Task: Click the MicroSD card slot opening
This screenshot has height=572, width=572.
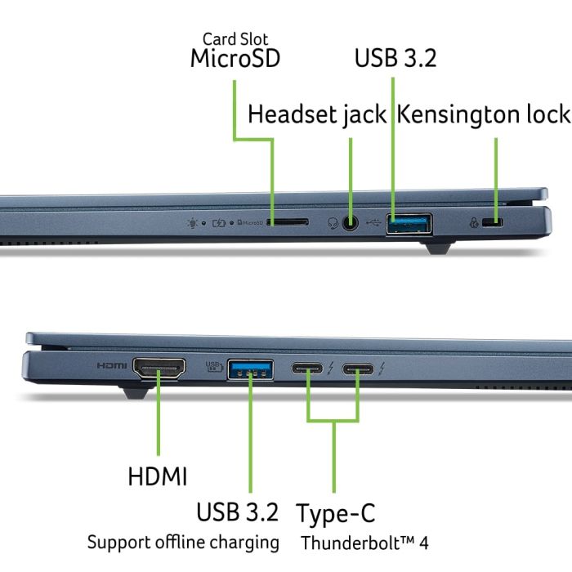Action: (288, 221)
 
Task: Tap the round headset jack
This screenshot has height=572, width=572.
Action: (351, 221)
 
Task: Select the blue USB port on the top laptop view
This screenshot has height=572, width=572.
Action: (409, 222)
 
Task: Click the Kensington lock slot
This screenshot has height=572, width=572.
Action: (492, 222)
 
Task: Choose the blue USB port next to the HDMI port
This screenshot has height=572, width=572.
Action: (249, 369)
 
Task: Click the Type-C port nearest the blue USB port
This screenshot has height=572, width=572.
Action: (309, 369)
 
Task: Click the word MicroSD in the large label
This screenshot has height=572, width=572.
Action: (235, 59)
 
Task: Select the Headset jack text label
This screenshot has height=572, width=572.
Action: (317, 114)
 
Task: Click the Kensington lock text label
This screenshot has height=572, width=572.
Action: (483, 114)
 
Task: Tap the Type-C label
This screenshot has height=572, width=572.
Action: (336, 513)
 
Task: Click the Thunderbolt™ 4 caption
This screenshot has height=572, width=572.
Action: (364, 543)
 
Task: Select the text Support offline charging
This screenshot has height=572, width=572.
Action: (183, 542)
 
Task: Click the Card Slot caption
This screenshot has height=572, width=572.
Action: (235, 38)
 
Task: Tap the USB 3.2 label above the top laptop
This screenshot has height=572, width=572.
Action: (395, 59)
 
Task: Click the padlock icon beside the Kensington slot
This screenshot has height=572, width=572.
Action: (473, 222)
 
